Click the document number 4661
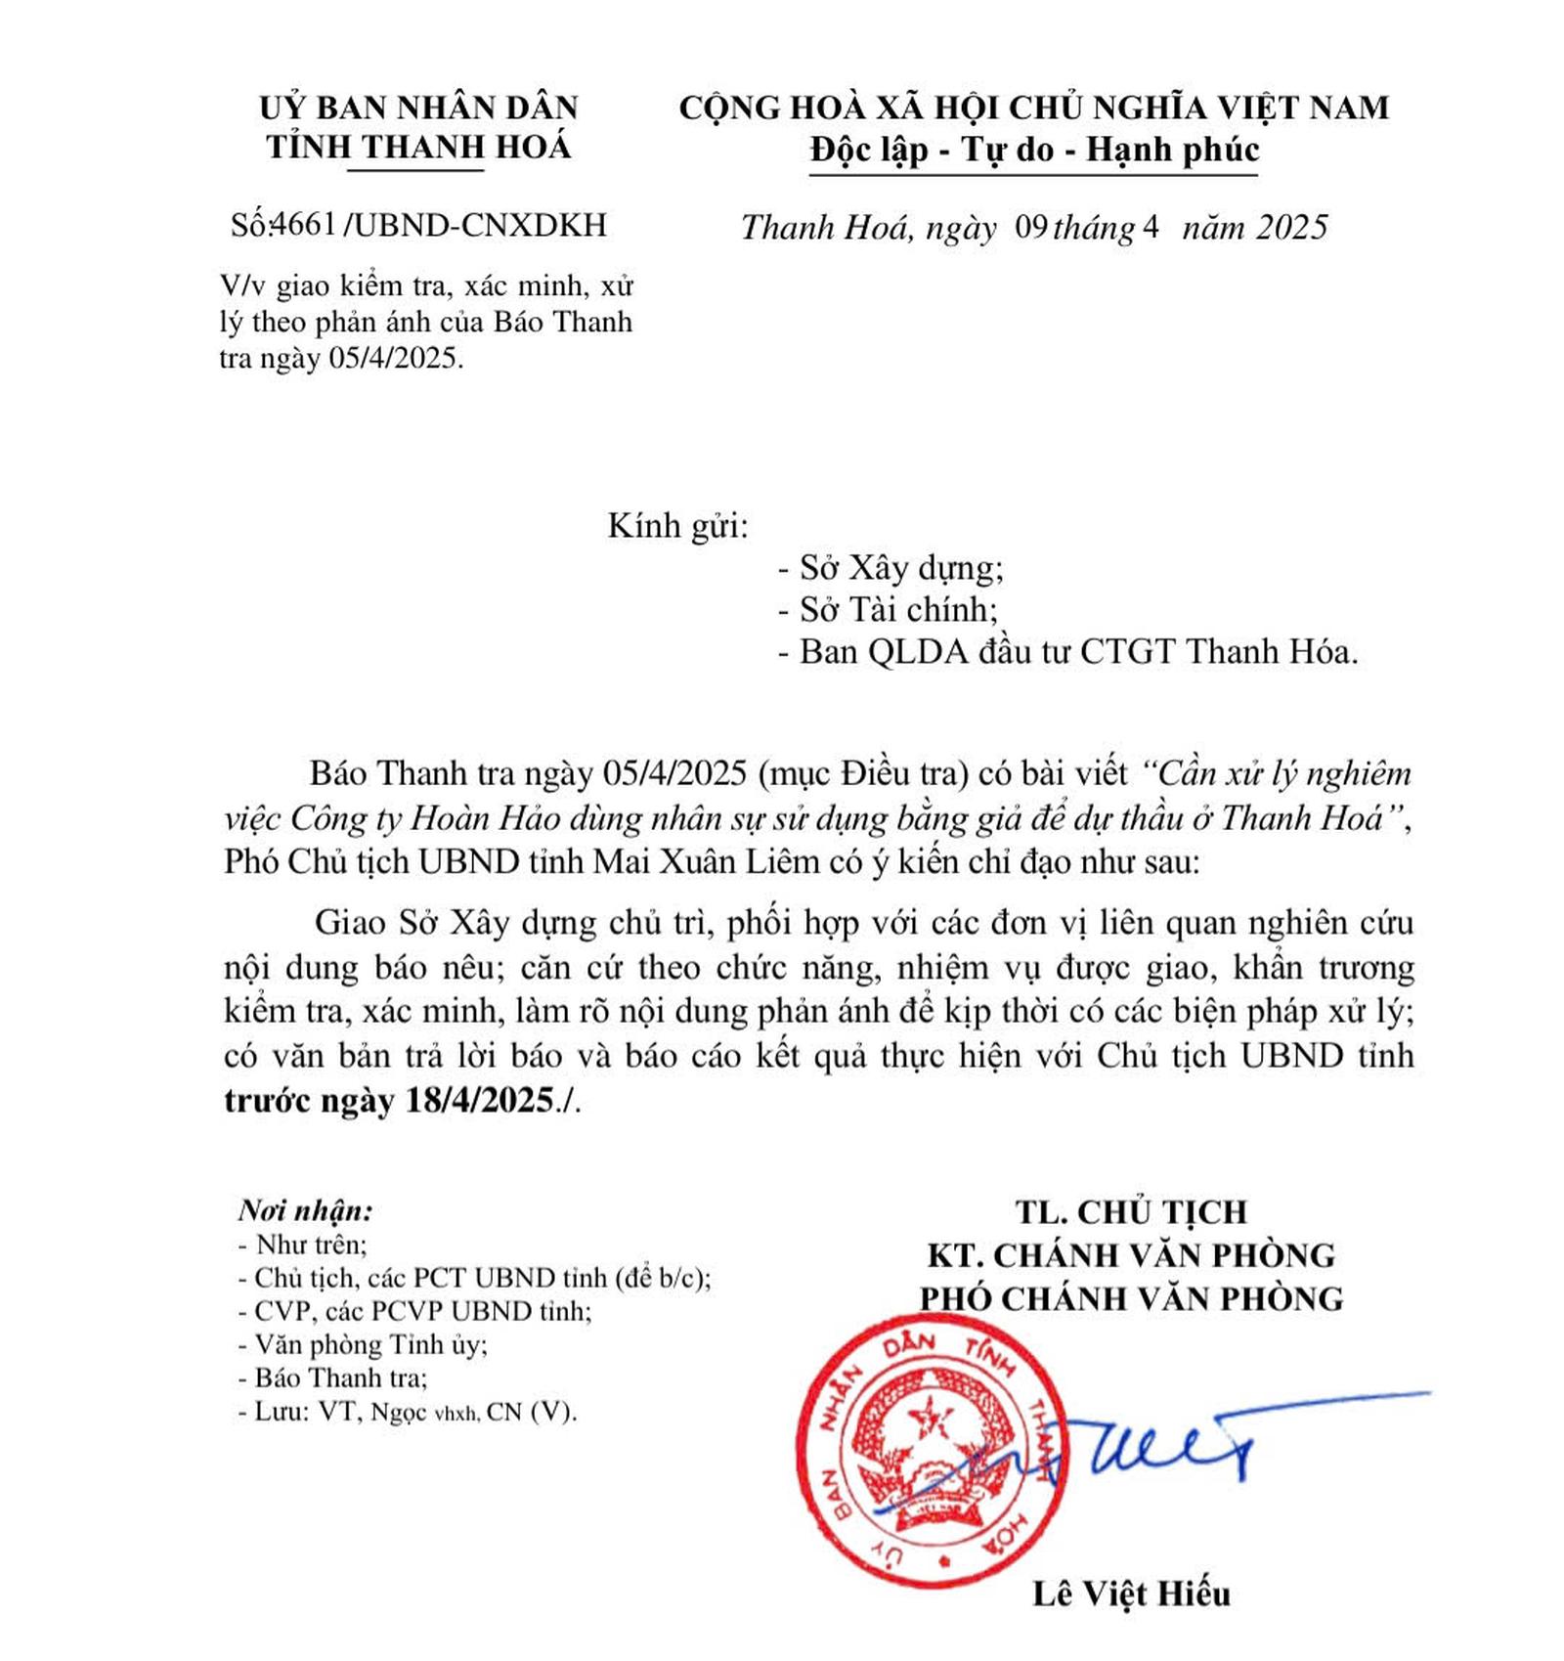(x=303, y=226)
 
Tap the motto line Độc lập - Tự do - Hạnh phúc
(x=1034, y=150)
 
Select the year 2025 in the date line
(x=1292, y=228)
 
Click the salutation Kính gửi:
(x=677, y=526)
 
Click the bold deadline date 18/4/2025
(x=479, y=1101)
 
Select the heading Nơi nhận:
(x=306, y=1210)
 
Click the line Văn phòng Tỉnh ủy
(x=370, y=1345)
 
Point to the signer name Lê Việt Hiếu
(x=1131, y=1595)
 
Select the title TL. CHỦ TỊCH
(x=1131, y=1212)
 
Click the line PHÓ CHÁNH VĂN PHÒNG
(x=1131, y=1298)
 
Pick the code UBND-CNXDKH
(x=480, y=226)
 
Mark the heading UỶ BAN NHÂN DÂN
(x=418, y=107)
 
